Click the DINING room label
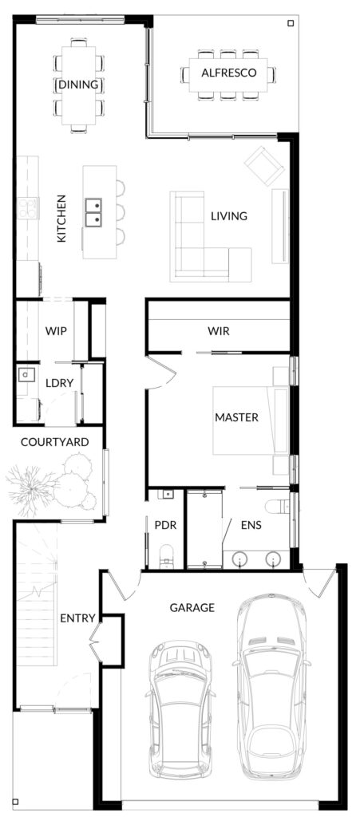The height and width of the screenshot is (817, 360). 78,85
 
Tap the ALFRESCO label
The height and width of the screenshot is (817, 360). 229,73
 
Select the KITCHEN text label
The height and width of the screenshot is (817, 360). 61,218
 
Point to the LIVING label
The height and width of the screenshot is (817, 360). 229,215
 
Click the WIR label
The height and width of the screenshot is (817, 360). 218,331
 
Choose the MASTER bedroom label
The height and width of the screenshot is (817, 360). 236,417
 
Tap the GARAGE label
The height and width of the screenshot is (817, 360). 192,607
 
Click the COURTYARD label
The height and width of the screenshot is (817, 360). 55,442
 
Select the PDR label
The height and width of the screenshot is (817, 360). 166,525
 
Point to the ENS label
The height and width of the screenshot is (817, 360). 251,525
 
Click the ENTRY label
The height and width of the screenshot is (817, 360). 77,618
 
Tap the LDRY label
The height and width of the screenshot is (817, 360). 59,383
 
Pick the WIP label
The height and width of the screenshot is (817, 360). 56,331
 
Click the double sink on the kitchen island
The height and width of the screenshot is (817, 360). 93,212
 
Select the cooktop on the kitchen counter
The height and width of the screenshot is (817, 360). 27,207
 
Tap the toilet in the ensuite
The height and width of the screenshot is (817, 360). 275,506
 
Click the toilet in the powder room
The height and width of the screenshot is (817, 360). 166,555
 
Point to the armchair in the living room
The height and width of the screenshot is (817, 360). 265,166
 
